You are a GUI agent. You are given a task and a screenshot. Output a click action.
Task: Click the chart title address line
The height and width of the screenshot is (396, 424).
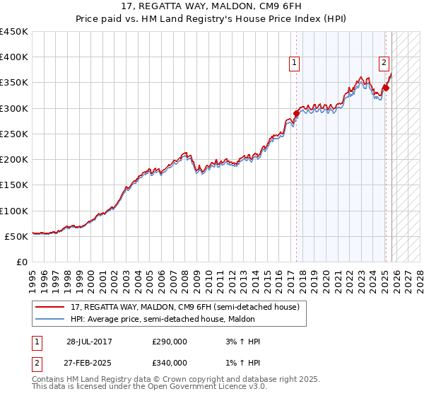tap(211, 8)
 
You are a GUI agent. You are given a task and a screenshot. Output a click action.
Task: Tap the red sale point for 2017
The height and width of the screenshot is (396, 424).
tap(296, 113)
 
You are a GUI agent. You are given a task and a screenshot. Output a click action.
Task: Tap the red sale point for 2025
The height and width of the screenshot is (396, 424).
tap(387, 88)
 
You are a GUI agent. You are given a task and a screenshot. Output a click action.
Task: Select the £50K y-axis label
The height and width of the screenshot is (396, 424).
tap(16, 236)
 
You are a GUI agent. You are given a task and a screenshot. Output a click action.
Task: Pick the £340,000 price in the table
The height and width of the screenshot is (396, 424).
tap(170, 363)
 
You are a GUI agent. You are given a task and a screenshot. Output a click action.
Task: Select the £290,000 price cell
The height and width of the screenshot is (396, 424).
tap(170, 342)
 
